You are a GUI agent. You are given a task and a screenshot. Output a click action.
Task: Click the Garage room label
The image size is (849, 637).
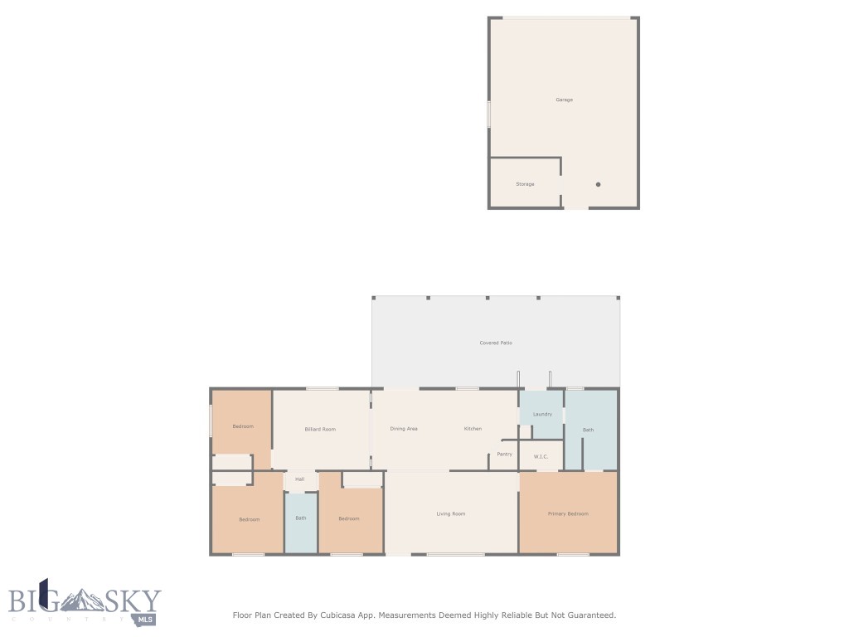coord(564,100)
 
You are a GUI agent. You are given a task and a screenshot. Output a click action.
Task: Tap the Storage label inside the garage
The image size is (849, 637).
coord(525,184)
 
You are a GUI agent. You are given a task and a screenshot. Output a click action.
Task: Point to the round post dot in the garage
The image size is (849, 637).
coord(598,184)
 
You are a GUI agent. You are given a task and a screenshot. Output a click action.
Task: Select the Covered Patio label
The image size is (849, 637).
coord(496,343)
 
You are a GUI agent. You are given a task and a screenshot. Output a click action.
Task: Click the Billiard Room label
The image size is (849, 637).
coord(320,429)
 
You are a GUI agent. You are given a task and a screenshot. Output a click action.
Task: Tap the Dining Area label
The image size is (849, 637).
coord(404,429)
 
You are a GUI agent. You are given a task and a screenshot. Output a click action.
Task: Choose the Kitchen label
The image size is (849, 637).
coord(473,429)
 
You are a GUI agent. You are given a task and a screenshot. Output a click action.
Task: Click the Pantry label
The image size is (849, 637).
coord(504,454)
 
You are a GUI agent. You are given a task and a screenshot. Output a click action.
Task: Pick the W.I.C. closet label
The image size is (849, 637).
coord(541,457)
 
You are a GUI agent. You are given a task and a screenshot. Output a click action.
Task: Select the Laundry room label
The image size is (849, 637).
coord(542,414)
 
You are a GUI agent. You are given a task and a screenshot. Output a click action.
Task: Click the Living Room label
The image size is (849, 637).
coord(450,513)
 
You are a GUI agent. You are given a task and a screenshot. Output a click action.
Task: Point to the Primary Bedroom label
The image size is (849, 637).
coord(567,513)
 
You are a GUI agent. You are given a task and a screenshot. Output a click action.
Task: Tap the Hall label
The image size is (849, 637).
coord(299,479)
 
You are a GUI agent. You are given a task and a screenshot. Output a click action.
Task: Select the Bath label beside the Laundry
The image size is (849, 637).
coord(588,430)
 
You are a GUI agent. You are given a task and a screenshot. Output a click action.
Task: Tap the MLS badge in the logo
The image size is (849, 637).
coord(145,619)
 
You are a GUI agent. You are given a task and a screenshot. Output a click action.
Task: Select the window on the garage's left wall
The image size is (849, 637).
coord(488,114)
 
